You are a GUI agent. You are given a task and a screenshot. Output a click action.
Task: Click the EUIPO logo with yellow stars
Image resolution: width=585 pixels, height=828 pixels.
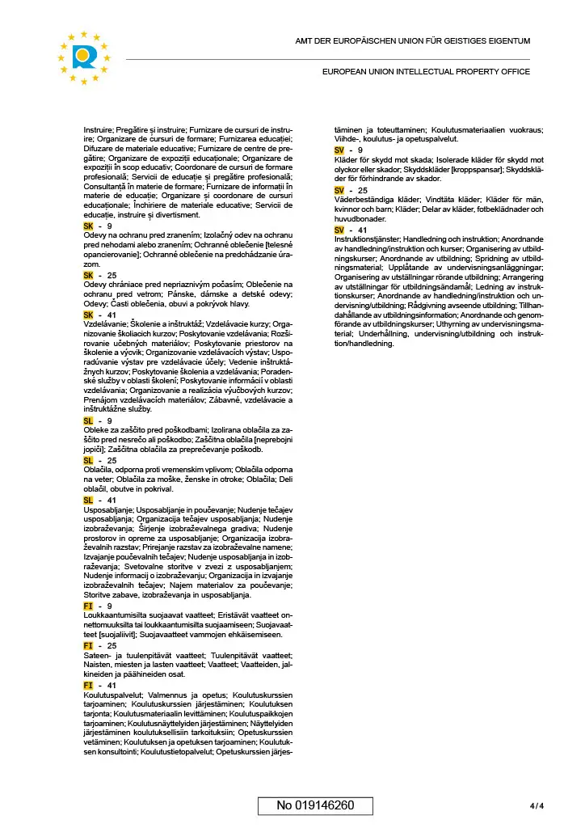85,57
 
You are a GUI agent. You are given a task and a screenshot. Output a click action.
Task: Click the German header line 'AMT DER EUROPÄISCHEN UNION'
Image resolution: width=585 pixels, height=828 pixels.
412,41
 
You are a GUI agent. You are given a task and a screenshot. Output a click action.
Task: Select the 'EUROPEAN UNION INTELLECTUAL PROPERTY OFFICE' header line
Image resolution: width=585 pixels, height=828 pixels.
426,72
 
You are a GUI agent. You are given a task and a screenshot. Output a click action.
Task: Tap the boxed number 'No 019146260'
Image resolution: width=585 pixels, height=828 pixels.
315,805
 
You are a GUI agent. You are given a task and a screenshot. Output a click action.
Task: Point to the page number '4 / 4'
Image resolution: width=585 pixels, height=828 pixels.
537,805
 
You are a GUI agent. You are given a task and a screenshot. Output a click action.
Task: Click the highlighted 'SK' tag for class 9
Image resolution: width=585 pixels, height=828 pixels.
89,227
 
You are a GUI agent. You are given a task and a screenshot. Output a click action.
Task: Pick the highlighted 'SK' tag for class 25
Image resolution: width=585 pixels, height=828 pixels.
89,276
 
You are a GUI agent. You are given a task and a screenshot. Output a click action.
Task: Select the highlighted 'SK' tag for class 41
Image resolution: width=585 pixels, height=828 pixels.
89,315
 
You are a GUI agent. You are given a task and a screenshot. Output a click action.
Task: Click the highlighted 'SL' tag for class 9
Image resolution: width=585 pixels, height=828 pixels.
89,421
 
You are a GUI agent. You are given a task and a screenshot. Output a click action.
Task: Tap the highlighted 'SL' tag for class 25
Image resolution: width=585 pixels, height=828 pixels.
89,461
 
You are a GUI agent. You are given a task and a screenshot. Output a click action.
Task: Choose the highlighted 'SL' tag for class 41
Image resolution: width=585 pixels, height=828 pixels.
89,501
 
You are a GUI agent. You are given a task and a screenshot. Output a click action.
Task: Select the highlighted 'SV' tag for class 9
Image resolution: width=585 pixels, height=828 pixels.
339,150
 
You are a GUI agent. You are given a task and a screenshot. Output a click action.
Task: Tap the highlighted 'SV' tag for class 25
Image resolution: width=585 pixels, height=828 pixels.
339,190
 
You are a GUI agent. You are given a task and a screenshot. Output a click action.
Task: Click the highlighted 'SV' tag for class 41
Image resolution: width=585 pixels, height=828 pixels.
339,230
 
